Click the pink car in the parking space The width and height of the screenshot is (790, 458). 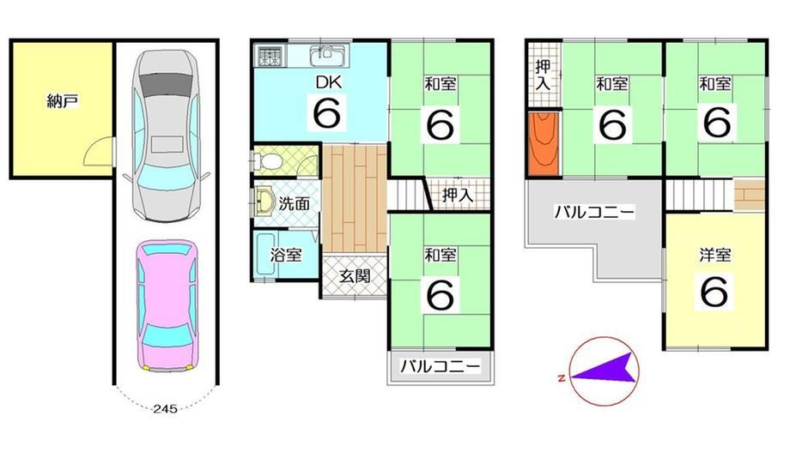tap(167, 305)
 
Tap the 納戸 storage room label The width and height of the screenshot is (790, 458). tap(62, 102)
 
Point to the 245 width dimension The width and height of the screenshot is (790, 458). tap(165, 408)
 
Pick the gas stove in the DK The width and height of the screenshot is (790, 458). tap(271, 56)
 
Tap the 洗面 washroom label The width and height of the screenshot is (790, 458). tap(295, 203)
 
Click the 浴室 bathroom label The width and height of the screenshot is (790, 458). tap(286, 255)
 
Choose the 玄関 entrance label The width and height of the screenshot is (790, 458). tap(355, 276)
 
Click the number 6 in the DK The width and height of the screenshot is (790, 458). tap(327, 113)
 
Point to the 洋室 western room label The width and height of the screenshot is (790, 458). tap(715, 255)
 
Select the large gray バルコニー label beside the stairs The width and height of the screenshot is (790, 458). tap(594, 212)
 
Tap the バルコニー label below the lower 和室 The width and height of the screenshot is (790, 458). tap(441, 367)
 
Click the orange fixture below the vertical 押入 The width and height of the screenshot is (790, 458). tap(544, 143)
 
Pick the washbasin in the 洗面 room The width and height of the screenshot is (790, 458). tap(263, 201)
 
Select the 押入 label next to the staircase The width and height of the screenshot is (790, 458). tap(458, 195)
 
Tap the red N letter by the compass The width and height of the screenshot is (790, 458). tap(561, 378)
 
